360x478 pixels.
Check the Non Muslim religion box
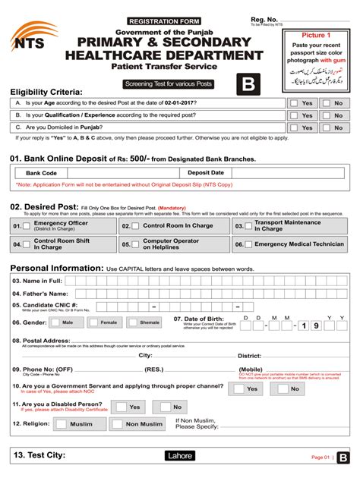pos(118,424)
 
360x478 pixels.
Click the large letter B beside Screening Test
pos(248,84)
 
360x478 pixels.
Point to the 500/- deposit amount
pos(140,158)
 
